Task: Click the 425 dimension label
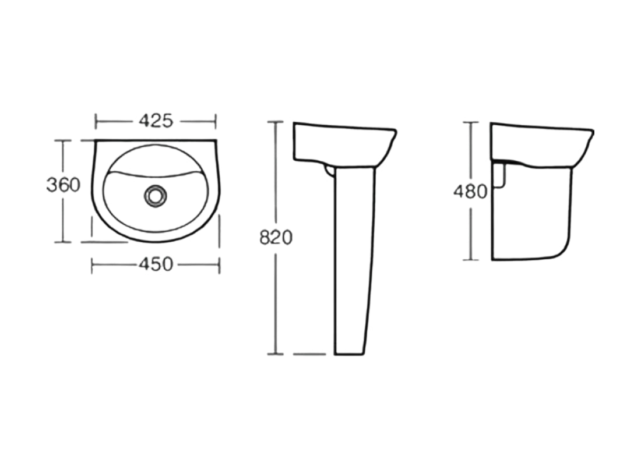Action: click(x=156, y=121)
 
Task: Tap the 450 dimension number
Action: click(x=156, y=264)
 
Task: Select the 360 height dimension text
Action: click(x=63, y=185)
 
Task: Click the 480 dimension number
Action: click(x=470, y=190)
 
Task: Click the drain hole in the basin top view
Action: click(x=156, y=195)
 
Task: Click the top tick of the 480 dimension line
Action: click(x=471, y=123)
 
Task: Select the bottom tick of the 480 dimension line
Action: click(x=471, y=260)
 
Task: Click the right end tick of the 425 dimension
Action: click(x=216, y=121)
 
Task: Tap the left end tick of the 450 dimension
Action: click(x=93, y=265)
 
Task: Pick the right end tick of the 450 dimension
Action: click(x=219, y=265)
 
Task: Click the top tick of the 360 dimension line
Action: click(x=62, y=140)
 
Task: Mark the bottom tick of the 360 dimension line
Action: click(x=62, y=242)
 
